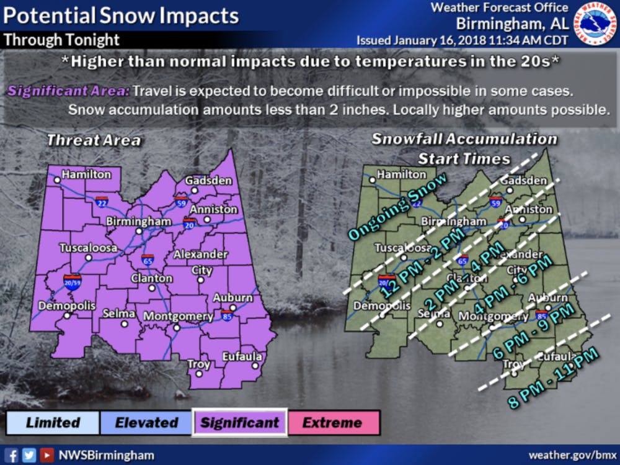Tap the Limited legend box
click(x=53, y=423)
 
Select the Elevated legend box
click(x=146, y=423)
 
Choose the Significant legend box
click(x=239, y=423)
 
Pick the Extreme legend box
click(x=332, y=423)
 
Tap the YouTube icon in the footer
click(x=46, y=455)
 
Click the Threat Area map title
click(x=94, y=140)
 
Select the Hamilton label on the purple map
click(x=86, y=174)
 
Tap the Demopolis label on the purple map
click(x=67, y=305)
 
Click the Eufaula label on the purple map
click(x=243, y=357)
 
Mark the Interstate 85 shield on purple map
click(x=226, y=315)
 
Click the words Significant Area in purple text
click(x=69, y=91)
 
